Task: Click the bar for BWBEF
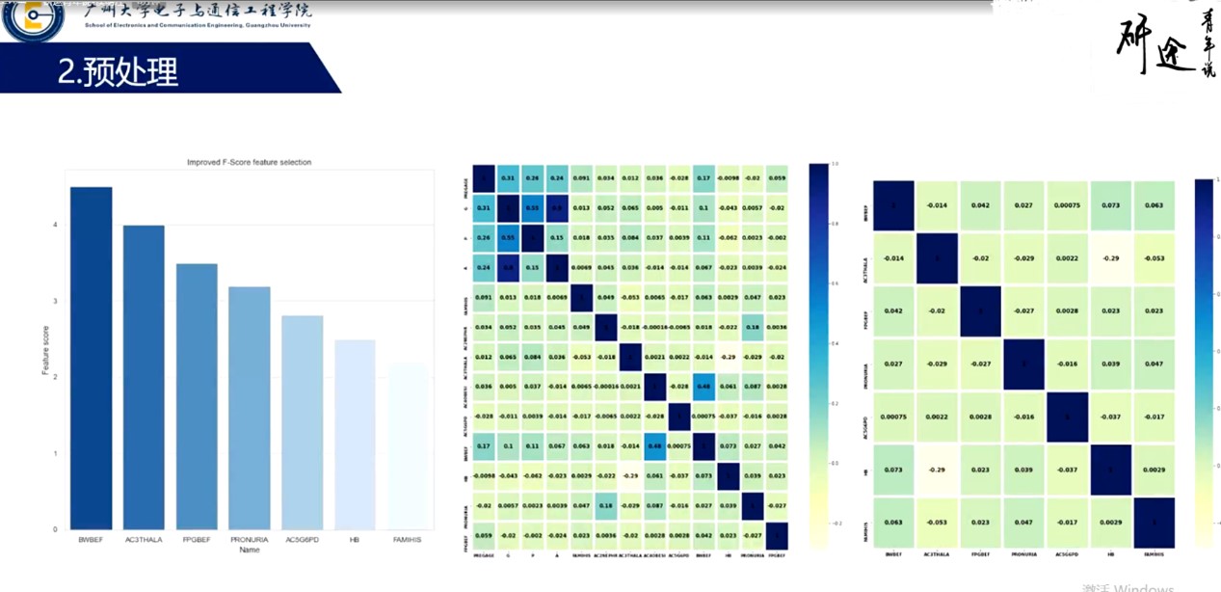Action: [x=91, y=357]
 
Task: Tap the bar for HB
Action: [x=355, y=434]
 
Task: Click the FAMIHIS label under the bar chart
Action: [x=408, y=539]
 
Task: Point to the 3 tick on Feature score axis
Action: [x=54, y=301]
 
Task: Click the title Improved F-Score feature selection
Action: [x=249, y=162]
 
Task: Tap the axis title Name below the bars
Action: [x=249, y=550]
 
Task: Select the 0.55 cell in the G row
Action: [x=533, y=208]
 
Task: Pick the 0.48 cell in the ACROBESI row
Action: [x=704, y=386]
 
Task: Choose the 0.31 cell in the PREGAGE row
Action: [x=508, y=178]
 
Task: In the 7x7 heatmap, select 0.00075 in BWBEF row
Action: [x=1066, y=205]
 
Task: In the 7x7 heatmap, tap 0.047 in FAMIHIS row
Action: [x=1024, y=523]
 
